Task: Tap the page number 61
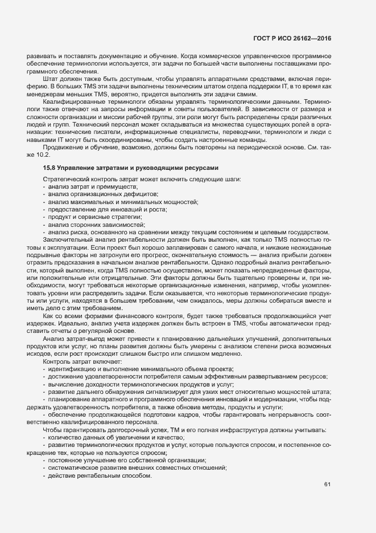coord(327,485)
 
